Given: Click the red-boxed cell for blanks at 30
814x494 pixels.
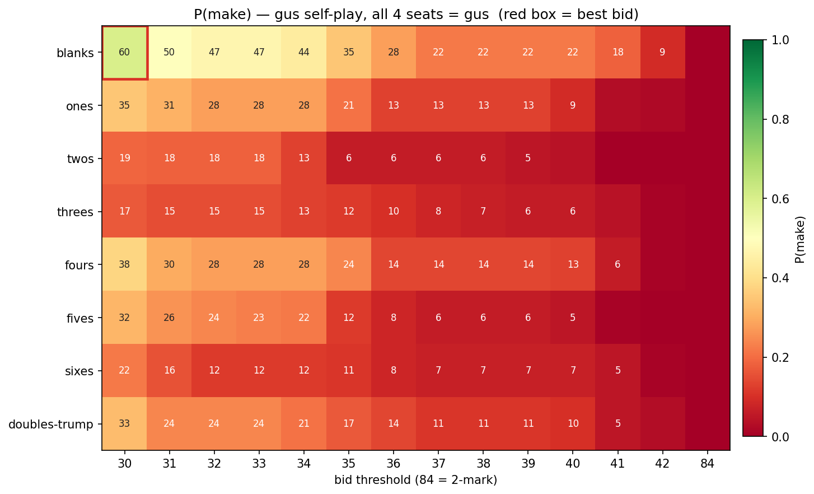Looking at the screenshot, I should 124,53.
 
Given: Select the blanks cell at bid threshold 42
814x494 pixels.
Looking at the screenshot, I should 662,53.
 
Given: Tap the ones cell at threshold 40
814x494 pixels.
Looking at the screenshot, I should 573,105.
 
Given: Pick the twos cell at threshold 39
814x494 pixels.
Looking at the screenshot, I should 528,159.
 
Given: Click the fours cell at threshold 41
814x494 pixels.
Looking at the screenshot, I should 617,264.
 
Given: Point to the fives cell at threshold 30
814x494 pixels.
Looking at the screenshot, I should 124,318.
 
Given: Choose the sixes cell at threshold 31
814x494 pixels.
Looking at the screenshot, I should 169,370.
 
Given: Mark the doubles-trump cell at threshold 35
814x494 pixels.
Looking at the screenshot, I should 349,423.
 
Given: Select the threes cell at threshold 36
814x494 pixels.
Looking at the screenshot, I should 394,212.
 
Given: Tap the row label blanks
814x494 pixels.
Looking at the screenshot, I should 75,54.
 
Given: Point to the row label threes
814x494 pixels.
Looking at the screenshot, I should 75,212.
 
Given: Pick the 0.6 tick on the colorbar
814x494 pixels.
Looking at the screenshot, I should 778,199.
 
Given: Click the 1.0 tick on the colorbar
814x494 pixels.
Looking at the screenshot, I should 778,40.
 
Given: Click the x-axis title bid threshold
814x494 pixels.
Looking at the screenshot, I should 415,480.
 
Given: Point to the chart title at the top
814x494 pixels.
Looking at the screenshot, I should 416,14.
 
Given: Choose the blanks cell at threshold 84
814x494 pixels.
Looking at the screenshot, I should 707,53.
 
